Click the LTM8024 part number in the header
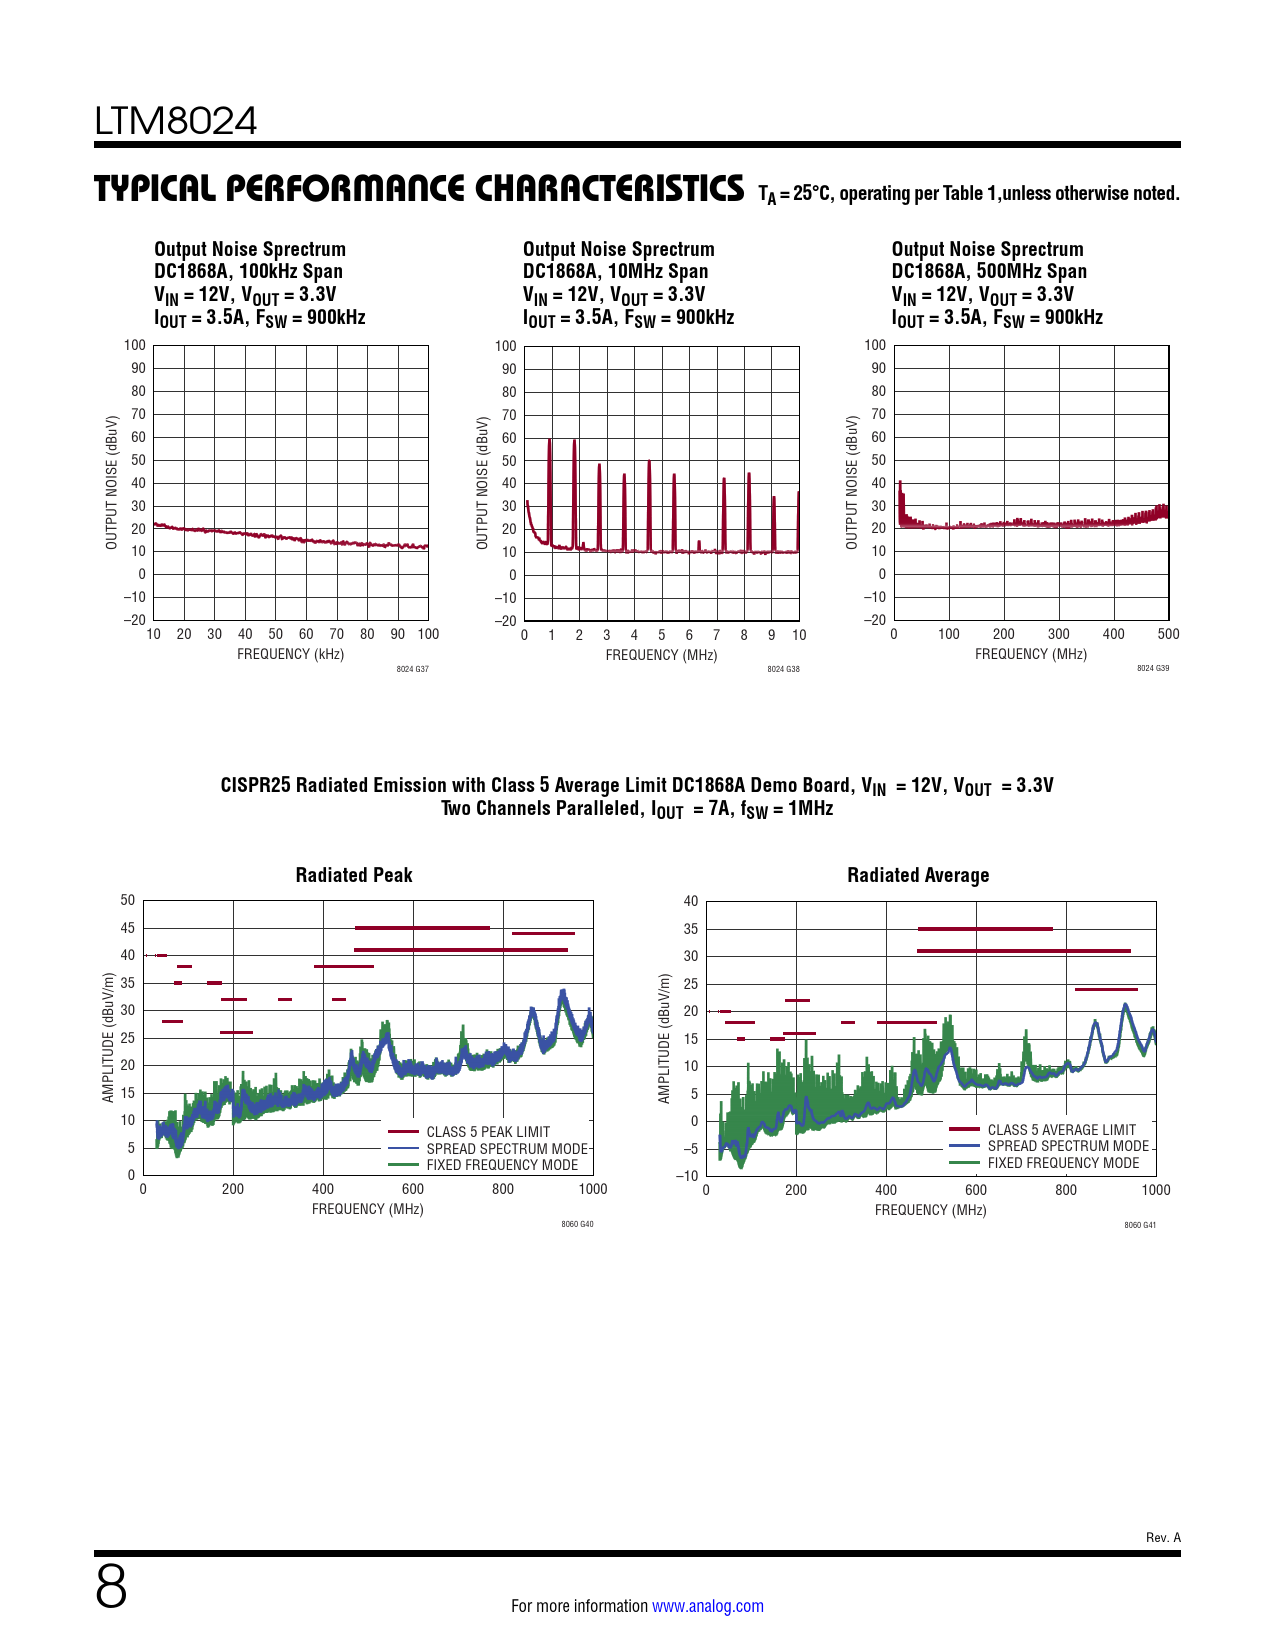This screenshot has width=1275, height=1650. point(176,121)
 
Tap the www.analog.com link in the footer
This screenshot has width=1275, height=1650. point(707,1606)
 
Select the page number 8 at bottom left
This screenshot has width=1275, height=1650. point(111,1587)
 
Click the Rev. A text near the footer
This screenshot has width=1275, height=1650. point(1163,1537)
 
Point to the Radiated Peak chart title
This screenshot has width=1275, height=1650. point(354,875)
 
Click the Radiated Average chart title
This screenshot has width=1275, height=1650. point(918,875)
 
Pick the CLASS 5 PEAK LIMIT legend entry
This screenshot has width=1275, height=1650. point(488,1132)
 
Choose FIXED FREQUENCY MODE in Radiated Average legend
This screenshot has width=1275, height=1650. point(1063,1163)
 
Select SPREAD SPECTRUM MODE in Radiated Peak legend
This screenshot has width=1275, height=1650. point(507,1149)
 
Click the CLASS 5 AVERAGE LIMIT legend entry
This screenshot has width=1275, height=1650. point(1061,1130)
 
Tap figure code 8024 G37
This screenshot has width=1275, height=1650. point(412,669)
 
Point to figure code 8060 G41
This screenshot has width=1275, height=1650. point(1140,1225)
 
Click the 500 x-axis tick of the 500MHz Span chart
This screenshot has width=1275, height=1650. point(1168,634)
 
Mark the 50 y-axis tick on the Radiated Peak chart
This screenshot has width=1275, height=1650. point(128,900)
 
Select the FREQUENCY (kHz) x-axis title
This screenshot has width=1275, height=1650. point(290,654)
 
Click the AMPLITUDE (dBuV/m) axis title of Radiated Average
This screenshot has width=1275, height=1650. point(664,1039)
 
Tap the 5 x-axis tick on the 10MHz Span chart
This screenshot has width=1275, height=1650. point(661,635)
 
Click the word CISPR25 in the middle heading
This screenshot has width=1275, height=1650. point(255,785)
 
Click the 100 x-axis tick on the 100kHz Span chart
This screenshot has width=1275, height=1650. point(428,634)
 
